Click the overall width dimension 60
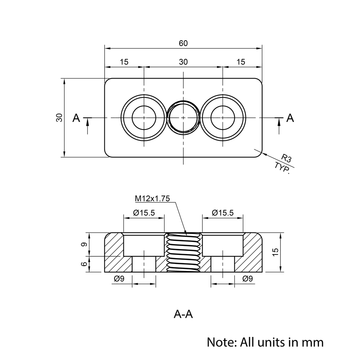point(183,43)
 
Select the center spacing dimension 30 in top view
point(183,62)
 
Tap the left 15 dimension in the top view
point(124,62)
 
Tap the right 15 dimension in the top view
point(241,62)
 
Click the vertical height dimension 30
point(59,117)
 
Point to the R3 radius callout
point(287,158)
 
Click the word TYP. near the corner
point(282,168)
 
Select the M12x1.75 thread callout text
point(152,198)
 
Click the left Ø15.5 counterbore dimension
point(144,213)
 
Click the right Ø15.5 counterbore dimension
point(222,213)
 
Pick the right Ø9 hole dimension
point(248,278)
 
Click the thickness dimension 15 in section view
point(275,252)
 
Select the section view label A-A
point(183,314)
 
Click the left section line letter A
point(76,118)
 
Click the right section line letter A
point(290,118)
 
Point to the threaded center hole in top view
point(183,118)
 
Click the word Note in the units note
point(220,341)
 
